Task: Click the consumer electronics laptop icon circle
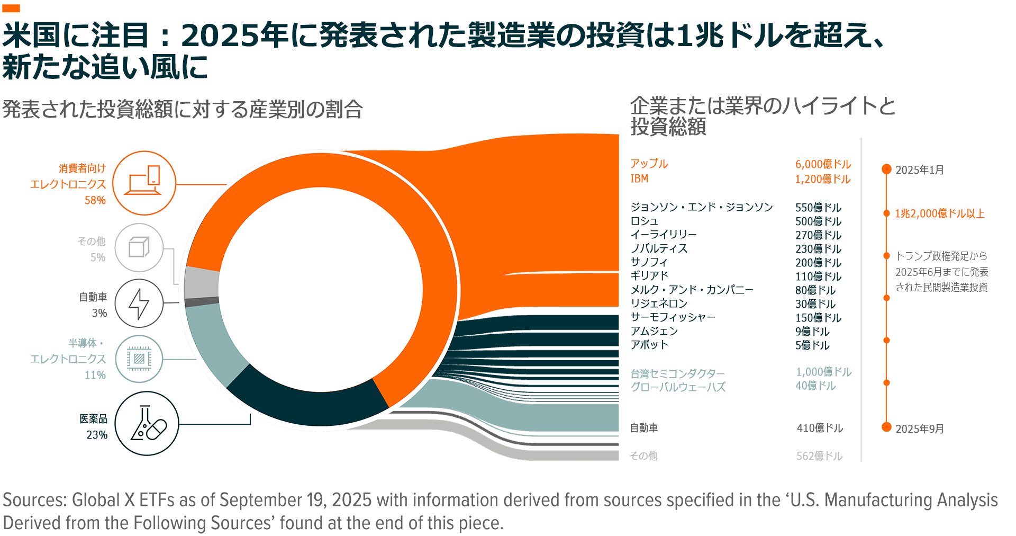[144, 183]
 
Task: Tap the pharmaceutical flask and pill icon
[147, 423]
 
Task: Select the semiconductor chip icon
[139, 359]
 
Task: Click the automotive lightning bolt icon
[139, 303]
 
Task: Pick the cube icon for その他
[139, 247]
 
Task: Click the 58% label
[95, 200]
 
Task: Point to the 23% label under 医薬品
[97, 435]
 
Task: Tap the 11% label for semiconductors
[95, 375]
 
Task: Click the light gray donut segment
[202, 282]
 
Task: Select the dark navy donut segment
[307, 403]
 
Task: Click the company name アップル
[649, 164]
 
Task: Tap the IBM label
[639, 178]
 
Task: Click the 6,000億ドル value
[823, 164]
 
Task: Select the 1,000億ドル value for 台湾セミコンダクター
[823, 372]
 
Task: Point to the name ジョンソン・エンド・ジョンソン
[701, 207]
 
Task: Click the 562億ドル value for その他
[819, 456]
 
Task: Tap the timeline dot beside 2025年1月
[886, 169]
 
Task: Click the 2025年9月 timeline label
[919, 428]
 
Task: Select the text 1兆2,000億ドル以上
[939, 213]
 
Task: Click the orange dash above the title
[11, 8]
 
